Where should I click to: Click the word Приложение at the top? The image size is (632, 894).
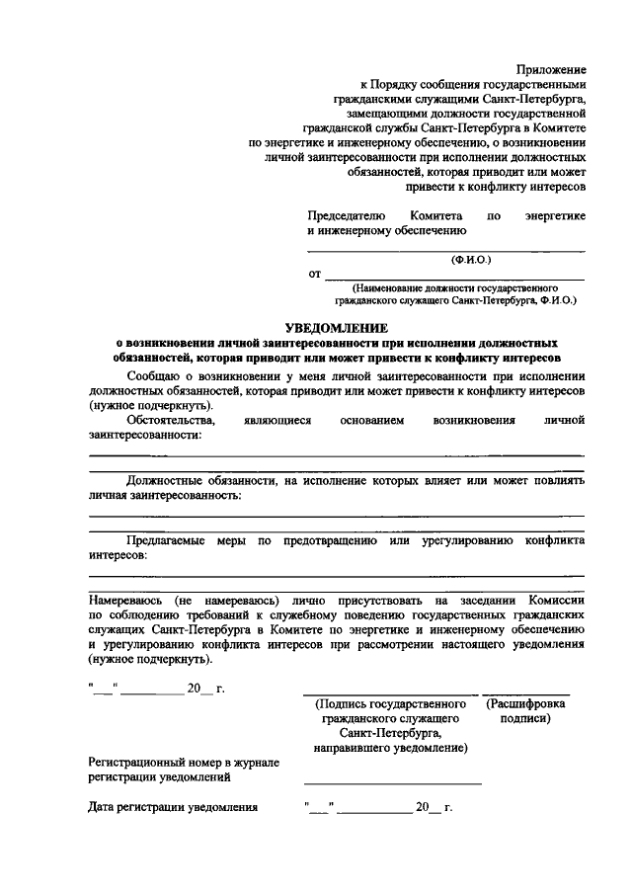tap(551, 70)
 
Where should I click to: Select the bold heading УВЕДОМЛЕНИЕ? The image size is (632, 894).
tap(337, 327)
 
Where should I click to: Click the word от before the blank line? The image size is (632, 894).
tap(314, 273)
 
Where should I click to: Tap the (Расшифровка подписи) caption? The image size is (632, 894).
tap(525, 711)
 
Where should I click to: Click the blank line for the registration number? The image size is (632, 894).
tap(393, 783)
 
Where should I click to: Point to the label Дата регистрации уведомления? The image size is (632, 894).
tap(173, 808)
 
